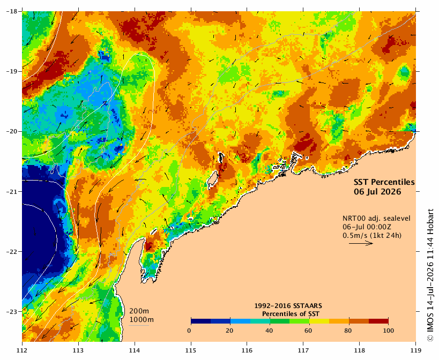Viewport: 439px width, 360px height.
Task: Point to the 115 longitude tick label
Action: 191,350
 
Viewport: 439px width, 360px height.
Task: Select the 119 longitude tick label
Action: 416,350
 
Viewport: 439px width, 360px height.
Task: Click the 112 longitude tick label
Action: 22,350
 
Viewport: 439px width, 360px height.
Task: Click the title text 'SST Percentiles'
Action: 384,182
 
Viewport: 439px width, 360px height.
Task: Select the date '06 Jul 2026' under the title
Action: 377,192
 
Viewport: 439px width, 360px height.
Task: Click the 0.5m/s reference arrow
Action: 361,243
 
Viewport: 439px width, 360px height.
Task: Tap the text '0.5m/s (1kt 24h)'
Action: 372,236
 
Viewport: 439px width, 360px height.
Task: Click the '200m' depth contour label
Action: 139,311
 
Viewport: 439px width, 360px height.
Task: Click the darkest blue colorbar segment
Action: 201,321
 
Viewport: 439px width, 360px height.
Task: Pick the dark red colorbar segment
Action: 378,321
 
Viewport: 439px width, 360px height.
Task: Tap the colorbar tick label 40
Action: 269,331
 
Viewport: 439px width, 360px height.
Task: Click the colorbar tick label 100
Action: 388,331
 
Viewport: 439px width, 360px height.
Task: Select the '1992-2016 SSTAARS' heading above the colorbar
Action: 288,306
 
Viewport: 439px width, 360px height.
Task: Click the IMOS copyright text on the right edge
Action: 430,275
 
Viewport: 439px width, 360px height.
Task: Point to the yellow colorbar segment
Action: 319,321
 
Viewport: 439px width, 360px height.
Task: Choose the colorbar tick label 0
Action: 189,331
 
